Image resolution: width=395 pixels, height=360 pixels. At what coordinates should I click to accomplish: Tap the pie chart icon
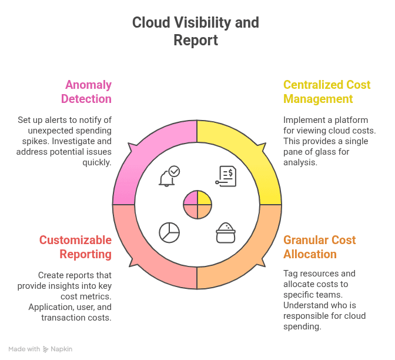pyautogui.click(x=169, y=232)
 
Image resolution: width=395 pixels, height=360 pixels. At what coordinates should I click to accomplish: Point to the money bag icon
pyautogui.click(x=226, y=232)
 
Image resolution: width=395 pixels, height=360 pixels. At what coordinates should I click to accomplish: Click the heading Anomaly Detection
pyautogui.click(x=86, y=92)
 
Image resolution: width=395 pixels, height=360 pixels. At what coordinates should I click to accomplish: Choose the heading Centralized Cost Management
pyautogui.click(x=326, y=92)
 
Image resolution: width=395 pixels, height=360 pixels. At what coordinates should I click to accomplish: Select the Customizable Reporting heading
pyautogui.click(x=75, y=247)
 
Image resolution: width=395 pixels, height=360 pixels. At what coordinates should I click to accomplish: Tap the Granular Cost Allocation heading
pyautogui.click(x=320, y=247)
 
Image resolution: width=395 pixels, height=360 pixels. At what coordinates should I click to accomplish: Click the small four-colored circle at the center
pyautogui.click(x=197, y=204)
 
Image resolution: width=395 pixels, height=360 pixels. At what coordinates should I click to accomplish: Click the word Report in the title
pyautogui.click(x=196, y=40)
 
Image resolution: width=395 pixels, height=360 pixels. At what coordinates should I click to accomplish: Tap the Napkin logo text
pyautogui.click(x=61, y=349)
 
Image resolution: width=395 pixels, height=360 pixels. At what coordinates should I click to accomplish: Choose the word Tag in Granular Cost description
pyautogui.click(x=291, y=274)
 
